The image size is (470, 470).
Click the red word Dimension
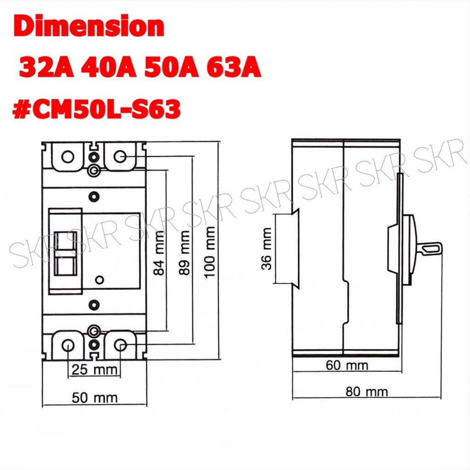tap(89, 27)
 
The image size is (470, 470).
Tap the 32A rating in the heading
tap(46, 68)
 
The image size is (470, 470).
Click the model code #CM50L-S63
tap(96, 108)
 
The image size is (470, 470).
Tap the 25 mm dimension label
tap(94, 369)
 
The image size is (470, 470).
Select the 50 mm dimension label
tap(95, 398)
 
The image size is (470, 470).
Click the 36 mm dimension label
tap(267, 249)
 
